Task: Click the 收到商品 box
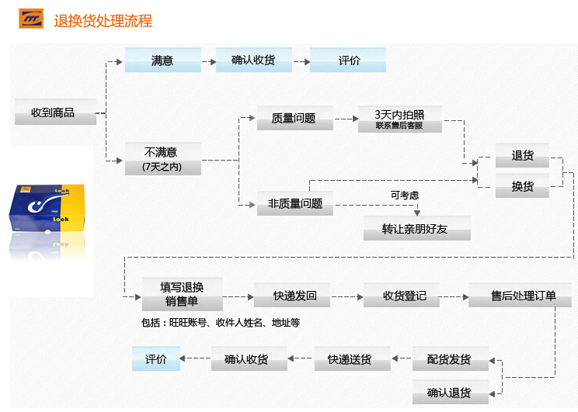pos(54,113)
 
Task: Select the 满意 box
pos(162,61)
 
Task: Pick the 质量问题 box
pos(294,118)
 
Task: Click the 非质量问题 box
pos(294,203)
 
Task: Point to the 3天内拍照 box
pos(399,119)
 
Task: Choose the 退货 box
pos(522,155)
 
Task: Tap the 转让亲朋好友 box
pos(416,229)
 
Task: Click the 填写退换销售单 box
pos(182,295)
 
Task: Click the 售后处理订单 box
pos(523,296)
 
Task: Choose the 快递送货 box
pos(349,359)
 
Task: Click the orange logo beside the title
pos(31,20)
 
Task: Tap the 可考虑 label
pos(404,195)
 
